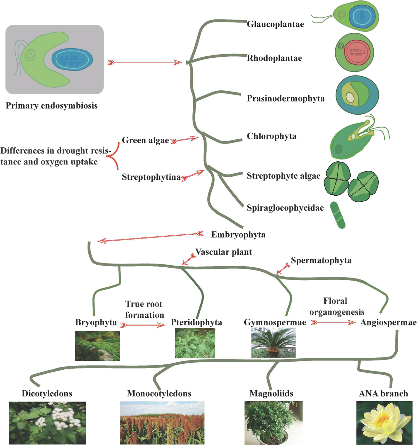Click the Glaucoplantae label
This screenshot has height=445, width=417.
pos(275,24)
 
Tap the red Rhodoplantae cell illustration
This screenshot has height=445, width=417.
pos(354,52)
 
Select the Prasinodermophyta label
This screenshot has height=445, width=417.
pos(286,98)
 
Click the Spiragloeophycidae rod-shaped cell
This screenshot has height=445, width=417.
pos(338,215)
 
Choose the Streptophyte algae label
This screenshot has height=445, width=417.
pos(284,176)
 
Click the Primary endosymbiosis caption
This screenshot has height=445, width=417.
pos(51,106)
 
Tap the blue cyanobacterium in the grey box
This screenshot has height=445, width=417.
pos(72,59)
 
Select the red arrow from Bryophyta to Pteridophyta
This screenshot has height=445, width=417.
pos(142,325)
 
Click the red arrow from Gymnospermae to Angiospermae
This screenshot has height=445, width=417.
pos(333,322)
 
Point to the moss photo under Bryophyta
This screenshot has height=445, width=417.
pos(97,346)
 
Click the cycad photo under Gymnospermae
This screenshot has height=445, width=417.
pos(273,342)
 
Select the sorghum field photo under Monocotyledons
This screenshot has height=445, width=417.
pos(162,423)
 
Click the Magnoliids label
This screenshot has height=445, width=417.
pos(271,394)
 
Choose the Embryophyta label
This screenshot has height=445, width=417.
pos(238,235)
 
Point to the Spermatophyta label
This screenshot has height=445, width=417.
pos(321,260)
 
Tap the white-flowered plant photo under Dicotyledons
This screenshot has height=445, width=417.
pos(47,423)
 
